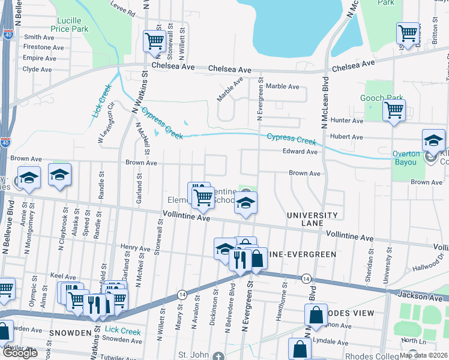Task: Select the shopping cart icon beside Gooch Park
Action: [x=394, y=110]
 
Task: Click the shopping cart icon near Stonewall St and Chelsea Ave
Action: [x=154, y=41]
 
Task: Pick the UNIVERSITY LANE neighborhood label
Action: [x=312, y=219]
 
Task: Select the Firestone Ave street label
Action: [x=43, y=47]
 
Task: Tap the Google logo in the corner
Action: [x=20, y=353]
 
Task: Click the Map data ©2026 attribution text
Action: [x=423, y=355]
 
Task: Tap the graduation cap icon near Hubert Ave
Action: [x=433, y=140]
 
